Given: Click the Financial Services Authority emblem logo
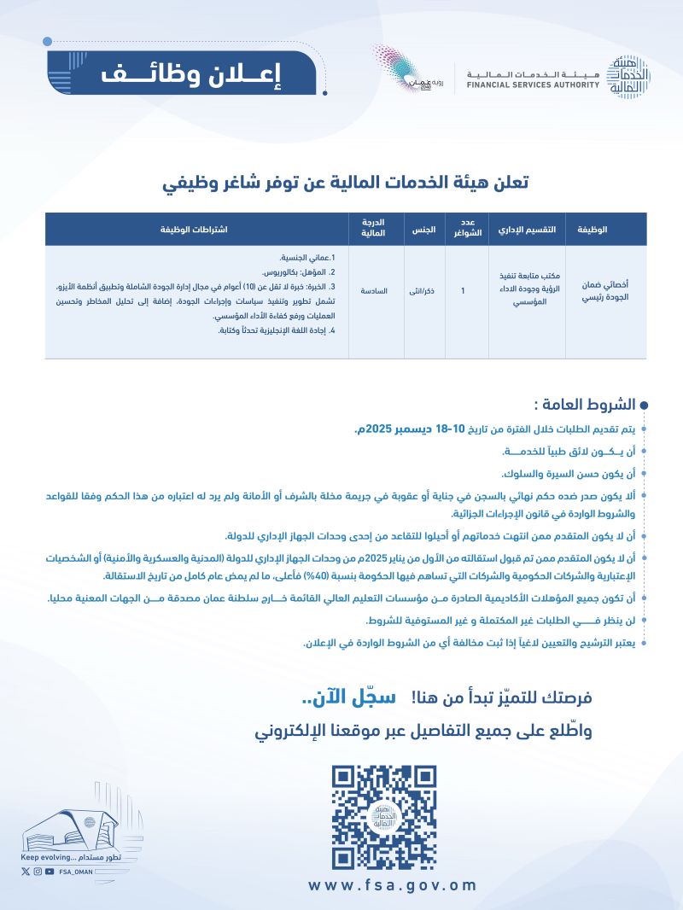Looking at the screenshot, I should [x=630, y=75].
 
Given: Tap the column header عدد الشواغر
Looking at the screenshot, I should [x=466, y=230].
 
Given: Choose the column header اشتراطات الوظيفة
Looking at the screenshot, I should [x=195, y=230].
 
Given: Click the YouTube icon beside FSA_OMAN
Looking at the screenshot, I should [x=50, y=872].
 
